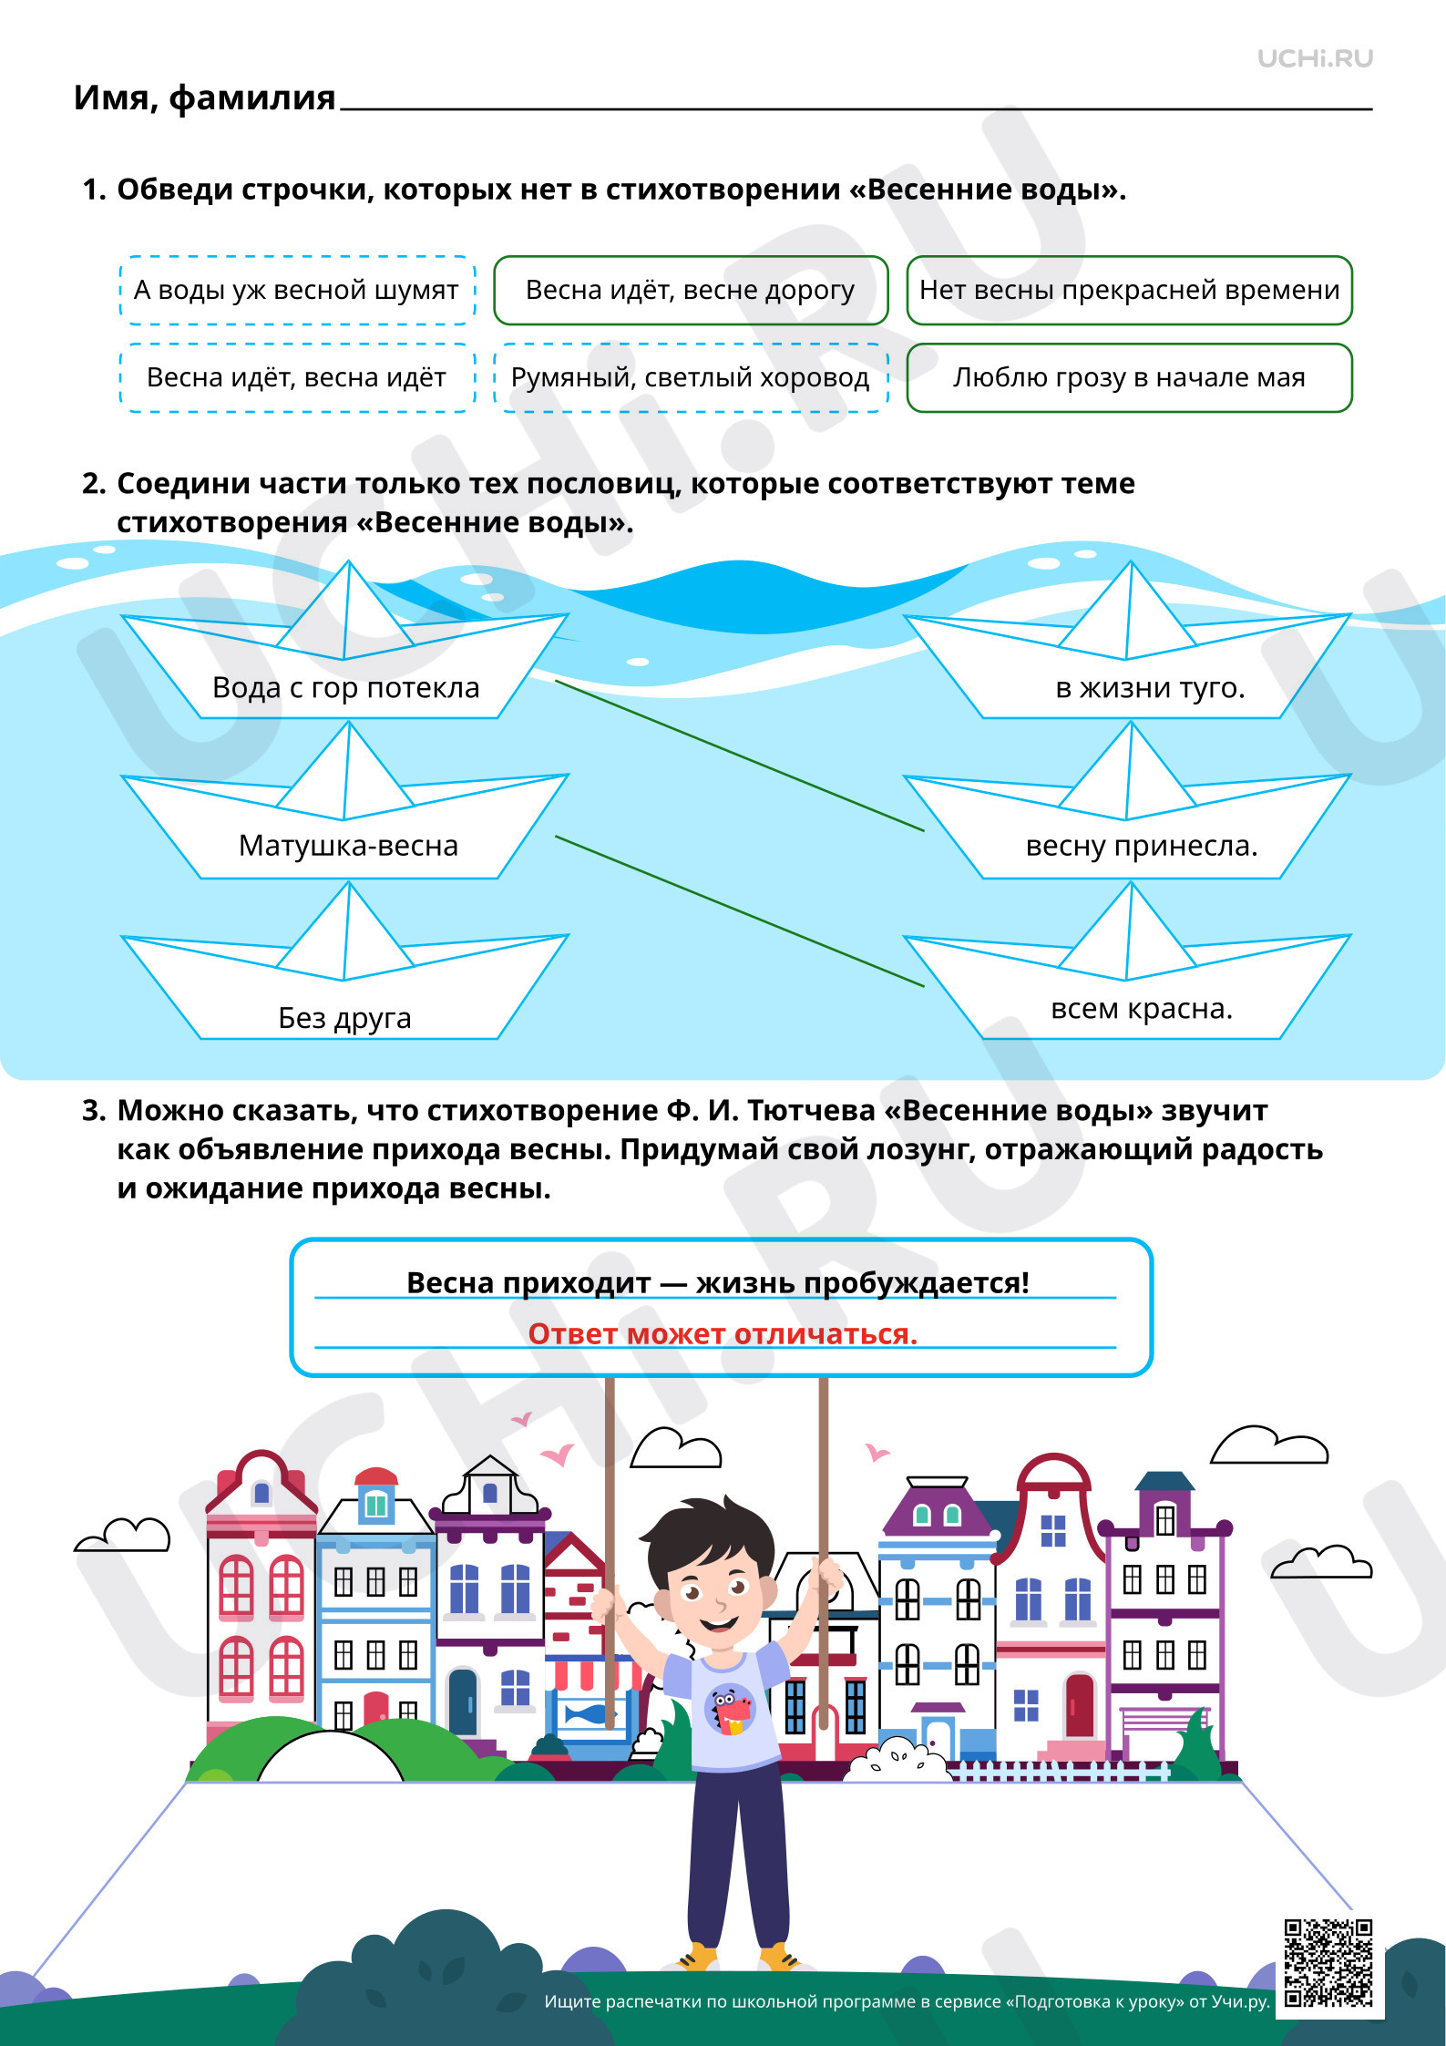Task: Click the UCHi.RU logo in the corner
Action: point(1315,58)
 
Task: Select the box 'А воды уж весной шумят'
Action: point(297,290)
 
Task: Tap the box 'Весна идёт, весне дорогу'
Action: point(691,290)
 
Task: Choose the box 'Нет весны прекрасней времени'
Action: point(1129,290)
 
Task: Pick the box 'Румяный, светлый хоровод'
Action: point(691,377)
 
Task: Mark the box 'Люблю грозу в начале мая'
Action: point(1129,377)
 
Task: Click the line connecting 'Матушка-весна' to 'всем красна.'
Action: point(740,911)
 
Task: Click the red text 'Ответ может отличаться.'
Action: point(723,1333)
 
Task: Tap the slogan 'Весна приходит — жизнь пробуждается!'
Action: point(718,1282)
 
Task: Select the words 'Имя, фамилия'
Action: point(204,98)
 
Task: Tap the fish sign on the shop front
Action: point(588,1715)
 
